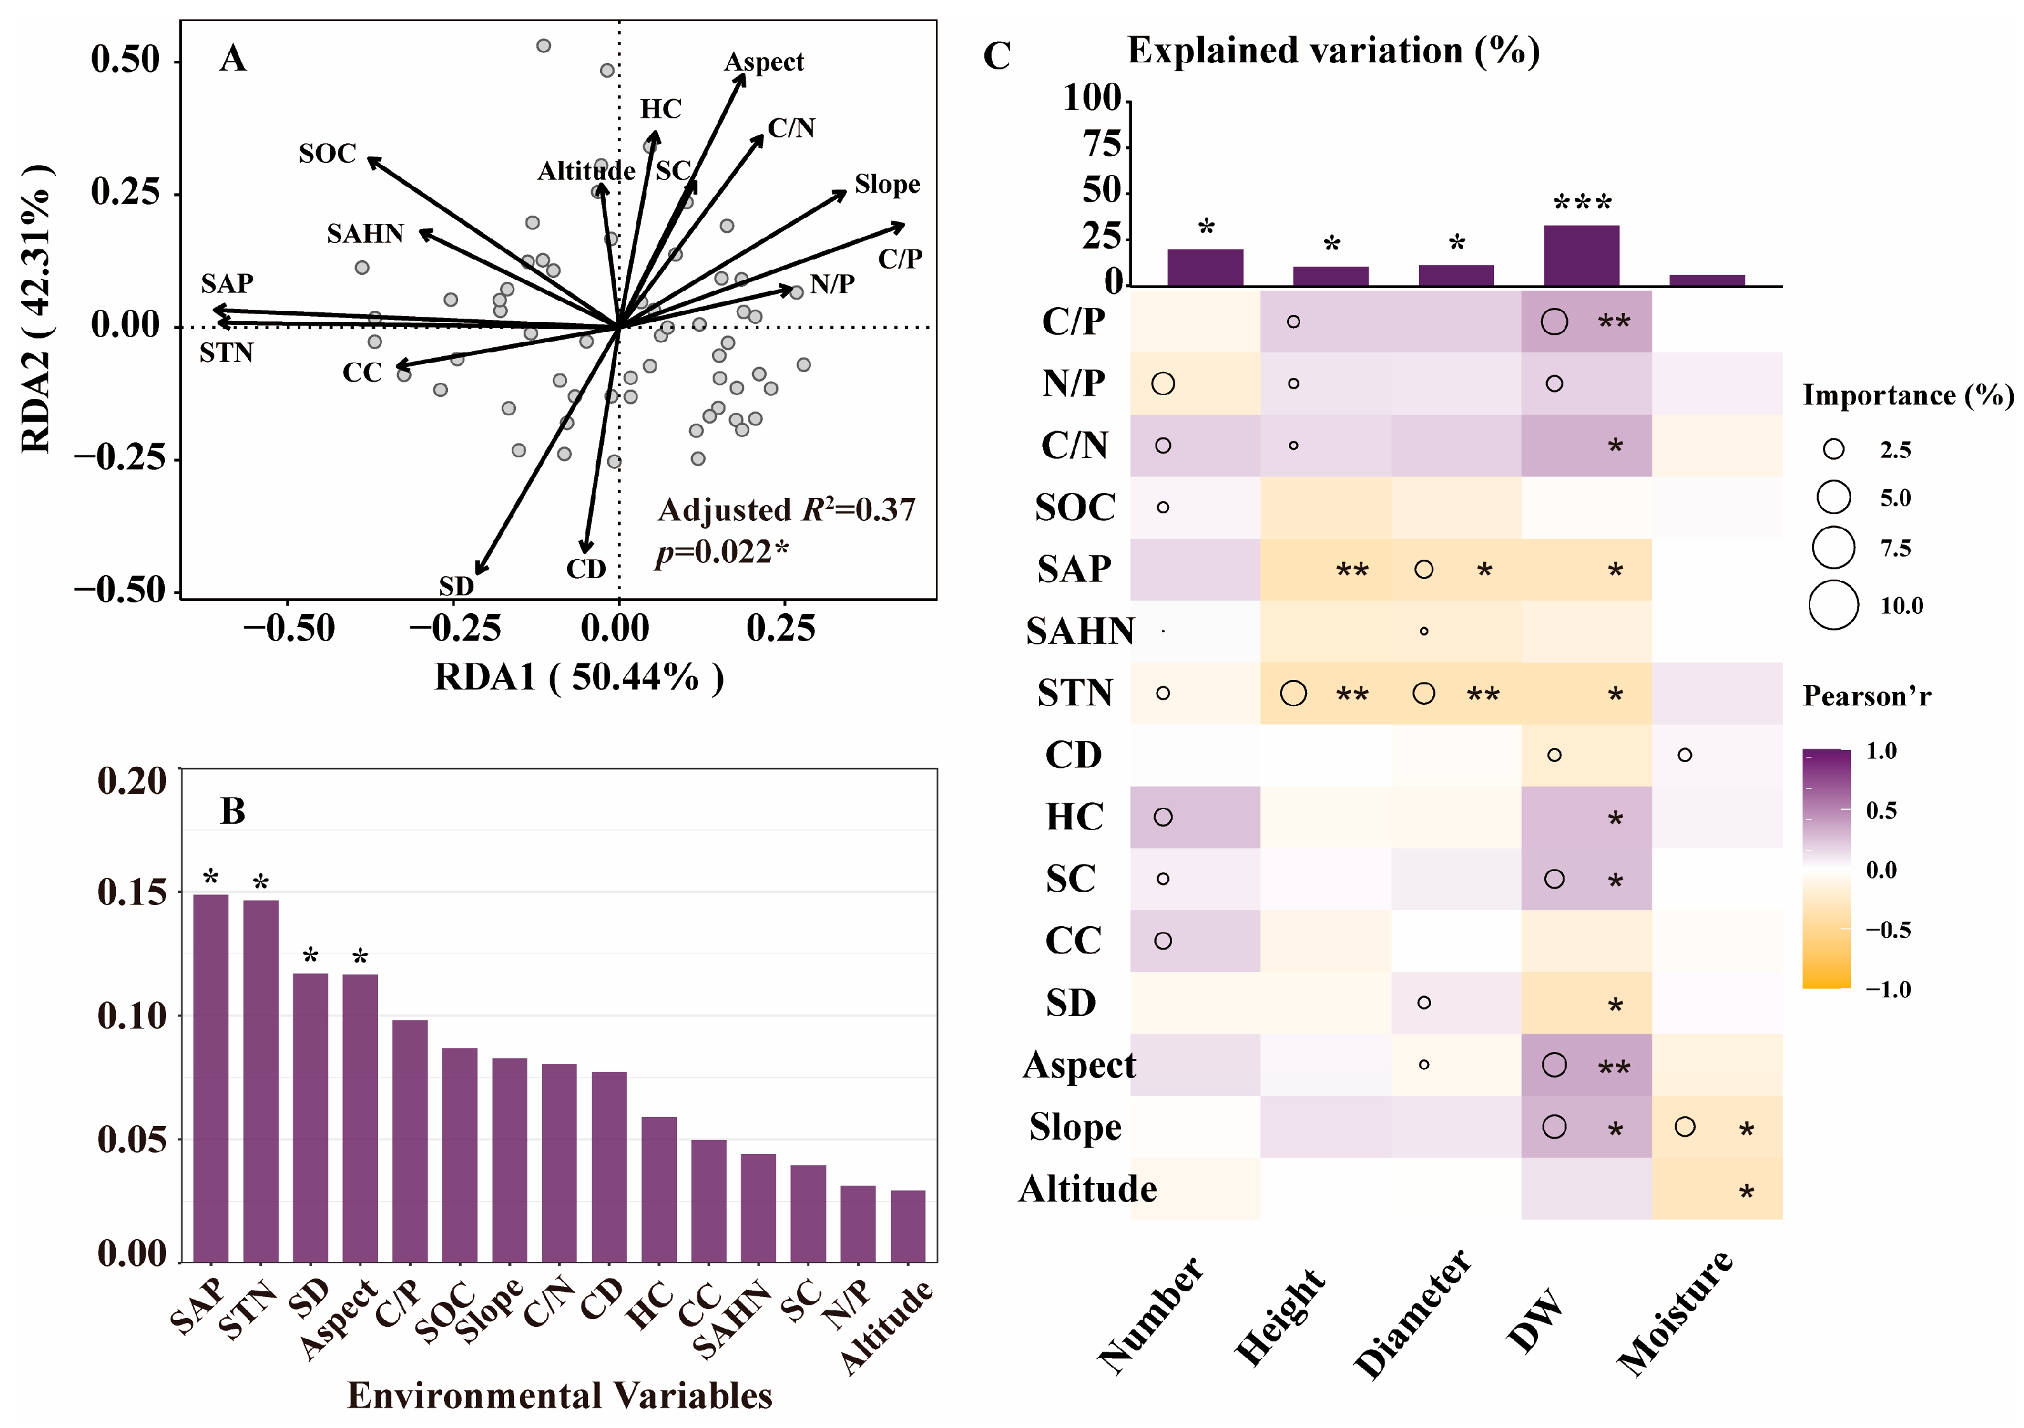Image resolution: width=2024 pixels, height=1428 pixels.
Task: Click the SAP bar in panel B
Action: tap(211, 1077)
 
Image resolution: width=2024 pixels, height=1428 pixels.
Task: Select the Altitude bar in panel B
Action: tap(907, 1225)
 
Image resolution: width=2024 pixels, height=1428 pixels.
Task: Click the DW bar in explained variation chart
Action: tap(1582, 256)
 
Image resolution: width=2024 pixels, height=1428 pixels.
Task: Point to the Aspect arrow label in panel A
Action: tap(764, 62)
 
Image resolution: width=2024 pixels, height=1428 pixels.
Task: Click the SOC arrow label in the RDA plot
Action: tap(327, 153)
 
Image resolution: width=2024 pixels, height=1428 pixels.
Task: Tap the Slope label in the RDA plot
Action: tap(887, 184)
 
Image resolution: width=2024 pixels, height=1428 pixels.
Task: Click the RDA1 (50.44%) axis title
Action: tap(578, 677)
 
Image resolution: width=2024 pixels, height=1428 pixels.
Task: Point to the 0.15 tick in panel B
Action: tap(132, 892)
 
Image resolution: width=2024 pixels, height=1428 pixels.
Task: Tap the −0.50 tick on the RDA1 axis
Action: tap(288, 628)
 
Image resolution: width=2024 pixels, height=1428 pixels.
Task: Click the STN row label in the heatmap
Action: tap(1075, 693)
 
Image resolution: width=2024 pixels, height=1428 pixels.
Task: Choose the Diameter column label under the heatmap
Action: tap(1411, 1314)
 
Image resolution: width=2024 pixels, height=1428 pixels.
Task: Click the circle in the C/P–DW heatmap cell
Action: tap(1554, 322)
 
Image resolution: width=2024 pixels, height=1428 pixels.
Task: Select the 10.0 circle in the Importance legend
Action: tap(1834, 606)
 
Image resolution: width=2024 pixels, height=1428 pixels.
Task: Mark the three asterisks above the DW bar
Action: tap(1582, 203)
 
